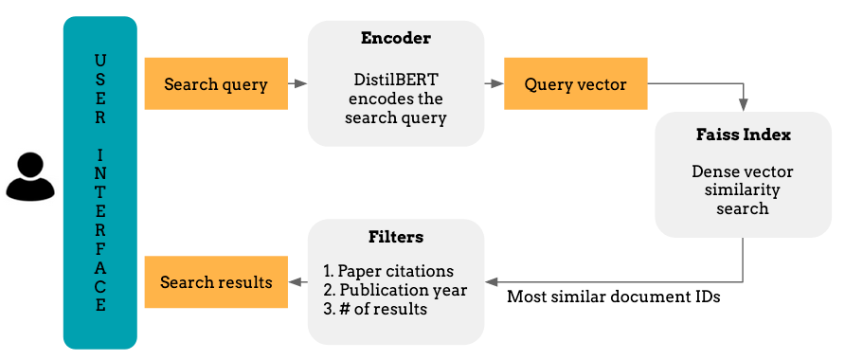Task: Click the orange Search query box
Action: [x=216, y=84]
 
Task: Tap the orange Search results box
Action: [x=216, y=282]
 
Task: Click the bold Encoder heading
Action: [x=396, y=39]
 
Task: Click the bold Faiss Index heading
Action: [x=743, y=135]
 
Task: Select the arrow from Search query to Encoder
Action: [x=297, y=84]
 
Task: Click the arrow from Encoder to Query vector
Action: [x=494, y=84]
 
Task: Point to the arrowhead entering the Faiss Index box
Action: [x=744, y=103]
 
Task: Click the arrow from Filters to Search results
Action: [x=297, y=282]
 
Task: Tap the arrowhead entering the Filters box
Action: [x=491, y=281]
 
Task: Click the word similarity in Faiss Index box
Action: [x=743, y=189]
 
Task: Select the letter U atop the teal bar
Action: [x=100, y=61]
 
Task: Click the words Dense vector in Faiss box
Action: [x=743, y=171]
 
